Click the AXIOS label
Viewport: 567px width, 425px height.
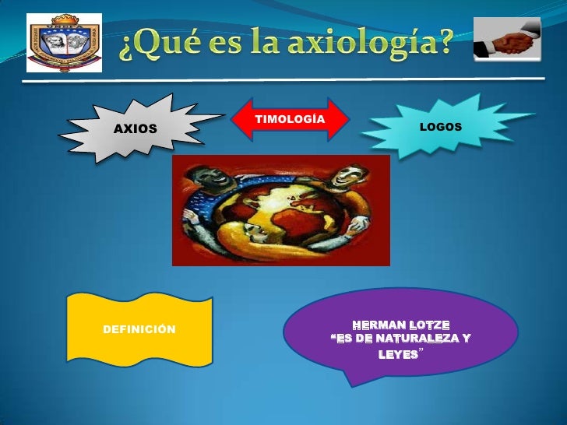136,128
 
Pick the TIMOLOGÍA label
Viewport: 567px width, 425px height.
290,118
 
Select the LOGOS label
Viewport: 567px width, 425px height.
441,126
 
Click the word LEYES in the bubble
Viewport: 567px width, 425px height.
397,354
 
